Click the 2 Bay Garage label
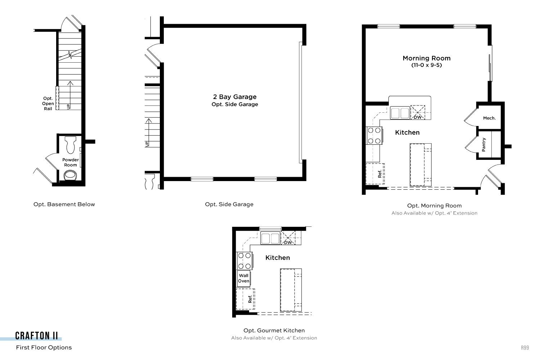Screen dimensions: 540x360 235,97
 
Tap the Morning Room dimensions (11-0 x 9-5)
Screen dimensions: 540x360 427,65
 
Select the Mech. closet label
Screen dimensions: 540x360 489,118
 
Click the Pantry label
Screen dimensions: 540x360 483,145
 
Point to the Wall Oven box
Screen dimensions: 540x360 243,278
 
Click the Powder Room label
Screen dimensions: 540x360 71,162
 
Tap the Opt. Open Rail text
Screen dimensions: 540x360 48,103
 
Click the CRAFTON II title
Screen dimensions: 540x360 36,336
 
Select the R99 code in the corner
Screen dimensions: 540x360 525,347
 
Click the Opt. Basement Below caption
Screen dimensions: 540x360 64,204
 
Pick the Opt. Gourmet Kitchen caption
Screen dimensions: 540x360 274,330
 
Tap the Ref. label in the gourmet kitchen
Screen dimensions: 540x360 250,299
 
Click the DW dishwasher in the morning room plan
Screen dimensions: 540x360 418,112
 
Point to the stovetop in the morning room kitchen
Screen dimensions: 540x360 374,135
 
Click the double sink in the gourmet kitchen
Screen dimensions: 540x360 270,238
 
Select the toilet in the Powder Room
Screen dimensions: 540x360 71,145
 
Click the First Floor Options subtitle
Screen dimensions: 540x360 44,347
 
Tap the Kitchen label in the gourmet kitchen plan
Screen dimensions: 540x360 278,257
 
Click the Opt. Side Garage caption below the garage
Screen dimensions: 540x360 229,204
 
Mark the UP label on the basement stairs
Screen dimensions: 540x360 68,106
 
